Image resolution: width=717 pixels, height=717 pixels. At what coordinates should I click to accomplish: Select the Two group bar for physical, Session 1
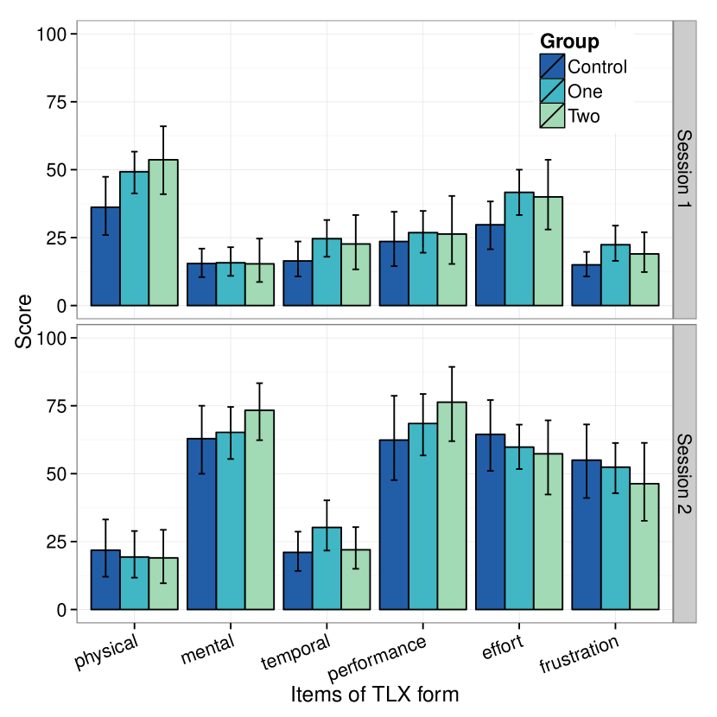click(x=163, y=233)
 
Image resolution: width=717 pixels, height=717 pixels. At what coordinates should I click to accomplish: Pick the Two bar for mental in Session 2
click(x=259, y=510)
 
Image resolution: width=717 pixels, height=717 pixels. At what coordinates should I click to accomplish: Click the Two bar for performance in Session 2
click(x=452, y=506)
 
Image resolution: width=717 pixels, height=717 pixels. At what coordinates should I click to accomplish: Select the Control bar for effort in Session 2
click(x=491, y=522)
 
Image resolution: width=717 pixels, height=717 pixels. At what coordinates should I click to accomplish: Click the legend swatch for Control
click(x=552, y=67)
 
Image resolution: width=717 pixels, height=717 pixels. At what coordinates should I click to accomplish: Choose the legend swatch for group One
click(x=552, y=91)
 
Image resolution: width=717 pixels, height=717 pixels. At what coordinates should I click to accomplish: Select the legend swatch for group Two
click(x=552, y=115)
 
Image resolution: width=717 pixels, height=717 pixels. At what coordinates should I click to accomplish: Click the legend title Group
click(x=569, y=41)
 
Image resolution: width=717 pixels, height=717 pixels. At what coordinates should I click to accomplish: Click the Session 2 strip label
click(x=684, y=473)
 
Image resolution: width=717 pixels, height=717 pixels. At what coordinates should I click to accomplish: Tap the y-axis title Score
click(x=24, y=320)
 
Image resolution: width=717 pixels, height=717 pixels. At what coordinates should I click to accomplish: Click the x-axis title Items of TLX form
click(x=374, y=695)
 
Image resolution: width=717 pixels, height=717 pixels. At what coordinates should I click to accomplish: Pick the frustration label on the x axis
click(x=579, y=655)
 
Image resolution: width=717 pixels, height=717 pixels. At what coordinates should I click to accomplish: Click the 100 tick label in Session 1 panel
click(x=52, y=35)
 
